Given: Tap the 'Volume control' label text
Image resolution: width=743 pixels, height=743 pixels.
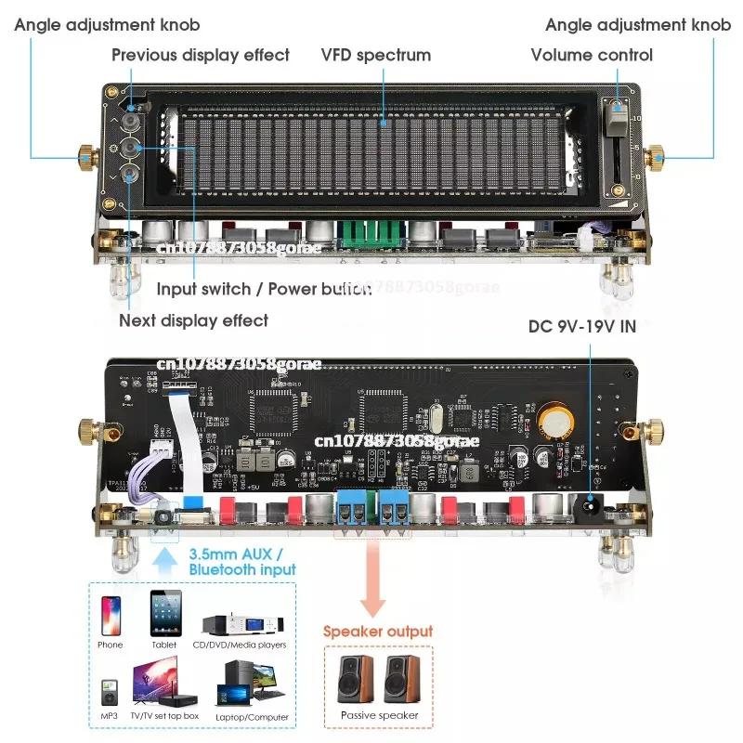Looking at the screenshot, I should tap(592, 55).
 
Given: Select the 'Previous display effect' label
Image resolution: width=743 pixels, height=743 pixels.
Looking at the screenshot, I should tap(201, 55).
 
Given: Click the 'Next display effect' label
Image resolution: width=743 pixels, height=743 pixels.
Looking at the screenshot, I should tap(193, 320).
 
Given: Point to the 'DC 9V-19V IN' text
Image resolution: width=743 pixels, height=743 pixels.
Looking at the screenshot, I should tap(582, 327).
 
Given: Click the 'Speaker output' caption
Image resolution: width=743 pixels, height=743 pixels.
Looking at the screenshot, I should tap(377, 632).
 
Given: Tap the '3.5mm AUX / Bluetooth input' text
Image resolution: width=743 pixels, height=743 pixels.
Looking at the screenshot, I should tap(242, 562).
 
